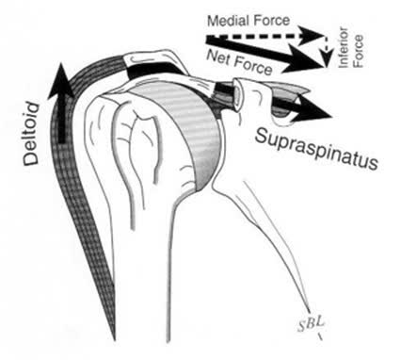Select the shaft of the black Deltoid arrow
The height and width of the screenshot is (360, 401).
pos(62,113)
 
